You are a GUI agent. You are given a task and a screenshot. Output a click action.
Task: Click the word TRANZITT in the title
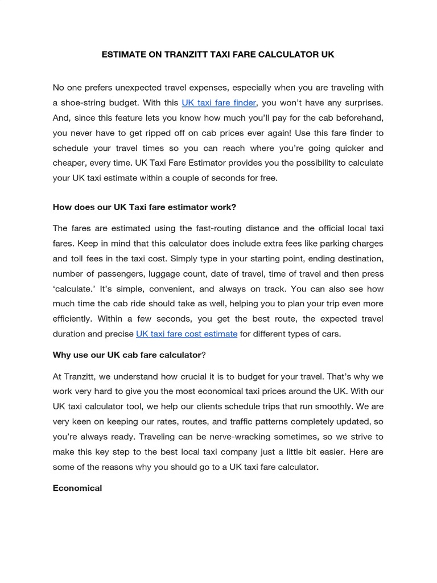[187, 55]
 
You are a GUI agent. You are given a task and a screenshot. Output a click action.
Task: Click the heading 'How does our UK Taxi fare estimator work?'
[145, 207]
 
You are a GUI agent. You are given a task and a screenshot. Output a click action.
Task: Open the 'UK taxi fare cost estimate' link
[187, 334]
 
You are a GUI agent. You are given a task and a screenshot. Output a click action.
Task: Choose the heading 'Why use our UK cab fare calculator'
[127, 355]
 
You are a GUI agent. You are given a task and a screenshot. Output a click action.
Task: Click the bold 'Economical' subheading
[77, 488]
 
